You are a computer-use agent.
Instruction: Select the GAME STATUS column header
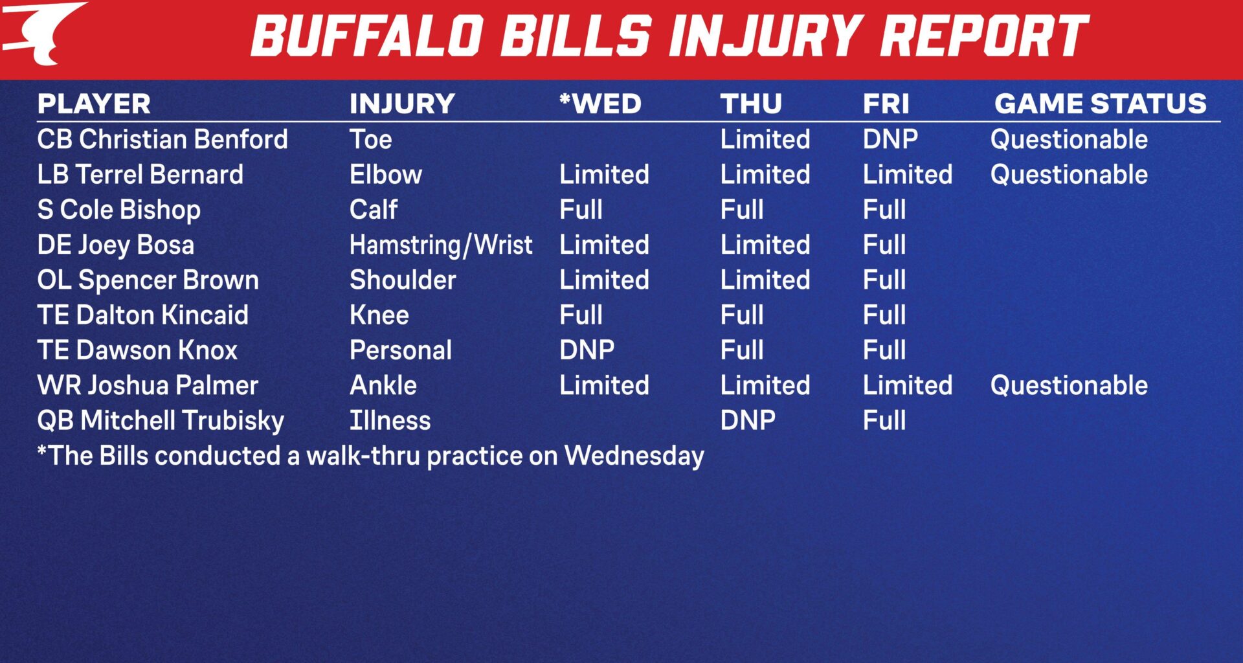point(1100,104)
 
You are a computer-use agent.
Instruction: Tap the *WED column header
point(600,104)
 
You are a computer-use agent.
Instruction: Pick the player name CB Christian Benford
point(162,139)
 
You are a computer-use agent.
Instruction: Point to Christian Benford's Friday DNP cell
point(890,139)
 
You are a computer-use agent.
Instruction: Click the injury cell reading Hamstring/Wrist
point(440,245)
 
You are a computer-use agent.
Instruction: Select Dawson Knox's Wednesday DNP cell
point(587,350)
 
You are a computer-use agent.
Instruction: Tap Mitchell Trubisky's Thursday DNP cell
point(748,421)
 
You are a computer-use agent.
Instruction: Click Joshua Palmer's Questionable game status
point(1068,386)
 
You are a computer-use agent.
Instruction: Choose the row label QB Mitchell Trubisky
point(161,421)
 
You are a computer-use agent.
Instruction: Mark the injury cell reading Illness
point(390,421)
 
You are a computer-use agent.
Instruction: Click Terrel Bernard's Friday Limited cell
point(907,175)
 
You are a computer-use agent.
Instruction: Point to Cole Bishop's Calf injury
point(374,210)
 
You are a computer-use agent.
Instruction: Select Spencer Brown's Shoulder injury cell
point(403,280)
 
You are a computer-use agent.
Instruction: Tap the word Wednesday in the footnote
point(634,456)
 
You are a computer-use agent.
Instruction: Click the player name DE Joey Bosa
point(115,245)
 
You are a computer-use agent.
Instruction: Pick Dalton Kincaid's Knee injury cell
point(379,315)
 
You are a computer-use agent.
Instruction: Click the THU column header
point(751,104)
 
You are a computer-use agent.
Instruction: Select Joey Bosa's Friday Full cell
point(884,245)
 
